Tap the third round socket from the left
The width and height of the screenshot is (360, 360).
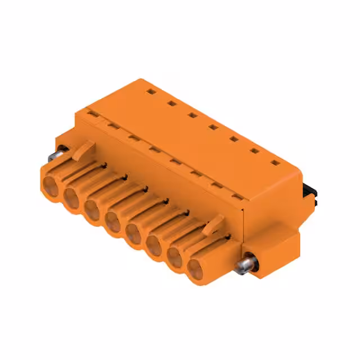[x=93, y=210]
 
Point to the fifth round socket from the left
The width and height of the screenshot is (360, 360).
[x=134, y=233]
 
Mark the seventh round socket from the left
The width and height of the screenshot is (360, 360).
[x=175, y=258]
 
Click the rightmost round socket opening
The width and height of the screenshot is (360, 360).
[x=195, y=269]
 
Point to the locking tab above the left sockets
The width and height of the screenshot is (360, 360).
[x=83, y=148]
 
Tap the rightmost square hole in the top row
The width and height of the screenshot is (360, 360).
[x=274, y=163]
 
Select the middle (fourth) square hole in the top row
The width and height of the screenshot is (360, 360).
[x=213, y=127]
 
